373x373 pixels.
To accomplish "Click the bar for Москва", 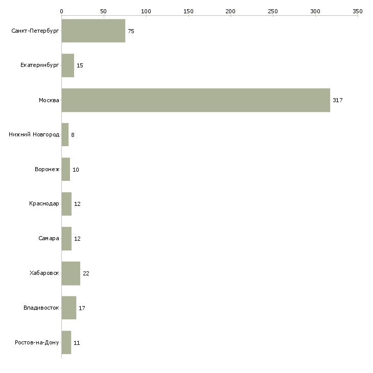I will click(196, 100).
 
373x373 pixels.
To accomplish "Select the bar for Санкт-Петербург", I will click(93, 31).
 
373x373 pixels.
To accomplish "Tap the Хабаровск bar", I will click(71, 273).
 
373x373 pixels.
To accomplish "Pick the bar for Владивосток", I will click(68, 308).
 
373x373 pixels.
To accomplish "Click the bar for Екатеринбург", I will click(67, 65).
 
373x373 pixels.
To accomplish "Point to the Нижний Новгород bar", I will click(65, 135).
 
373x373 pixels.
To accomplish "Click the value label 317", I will click(337, 100).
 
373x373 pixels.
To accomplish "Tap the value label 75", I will click(131, 31).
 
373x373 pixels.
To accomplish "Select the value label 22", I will click(86, 273).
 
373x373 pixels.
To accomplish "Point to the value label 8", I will click(73, 135).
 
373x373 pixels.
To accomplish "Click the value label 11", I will click(77, 343).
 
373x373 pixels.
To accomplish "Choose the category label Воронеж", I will click(46, 170).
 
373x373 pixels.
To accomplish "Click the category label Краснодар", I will click(44, 204).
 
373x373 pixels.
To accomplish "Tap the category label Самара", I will click(49, 239).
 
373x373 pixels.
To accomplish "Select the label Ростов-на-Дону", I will click(37, 343).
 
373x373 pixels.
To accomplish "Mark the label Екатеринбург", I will click(40, 65).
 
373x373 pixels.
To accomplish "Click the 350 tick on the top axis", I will click(357, 11).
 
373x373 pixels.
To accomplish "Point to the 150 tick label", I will click(188, 11).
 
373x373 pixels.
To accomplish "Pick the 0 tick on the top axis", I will click(61, 11).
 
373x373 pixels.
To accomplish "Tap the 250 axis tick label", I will click(273, 11).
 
